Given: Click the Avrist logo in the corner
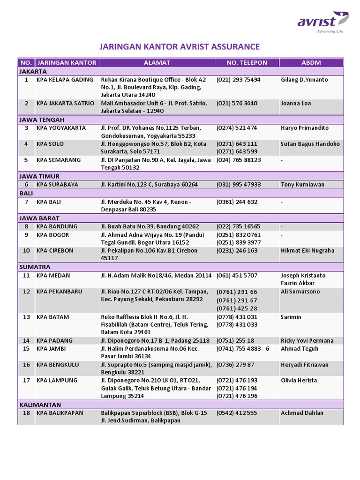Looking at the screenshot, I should pyautogui.click(x=322, y=22).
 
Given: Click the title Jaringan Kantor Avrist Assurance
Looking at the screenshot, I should pyautogui.click(x=180, y=46).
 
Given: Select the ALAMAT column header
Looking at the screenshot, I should pyautogui.click(x=157, y=62).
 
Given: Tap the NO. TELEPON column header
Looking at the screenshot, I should pyautogui.click(x=247, y=62).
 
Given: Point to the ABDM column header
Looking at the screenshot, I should pyautogui.click(x=311, y=62).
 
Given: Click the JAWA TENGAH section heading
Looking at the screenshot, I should pyautogui.click(x=42, y=120).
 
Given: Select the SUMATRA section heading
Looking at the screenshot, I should pyautogui.click(x=34, y=267).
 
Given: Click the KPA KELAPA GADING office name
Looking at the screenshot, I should pyautogui.click(x=65, y=80).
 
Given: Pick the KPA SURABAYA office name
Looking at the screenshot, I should pyautogui.click(x=57, y=185).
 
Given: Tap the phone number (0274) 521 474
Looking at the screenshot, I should pyautogui.click(x=237, y=128).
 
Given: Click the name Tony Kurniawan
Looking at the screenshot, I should pyautogui.click(x=302, y=185).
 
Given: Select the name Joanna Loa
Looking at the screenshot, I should pyautogui.click(x=296, y=104).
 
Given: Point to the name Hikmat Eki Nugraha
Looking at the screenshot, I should pyautogui.click(x=307, y=251).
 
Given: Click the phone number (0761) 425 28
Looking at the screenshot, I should pyautogui.click(x=237, y=308).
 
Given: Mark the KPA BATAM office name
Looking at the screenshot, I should pyautogui.click(x=52, y=317).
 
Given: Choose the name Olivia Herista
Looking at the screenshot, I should pyautogui.click(x=299, y=381).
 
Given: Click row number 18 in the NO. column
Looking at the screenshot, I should pyautogui.click(x=26, y=413).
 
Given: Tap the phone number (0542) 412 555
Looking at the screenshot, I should pyautogui.click(x=237, y=413).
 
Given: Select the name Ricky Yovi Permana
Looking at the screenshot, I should pyautogui.click(x=307, y=341).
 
